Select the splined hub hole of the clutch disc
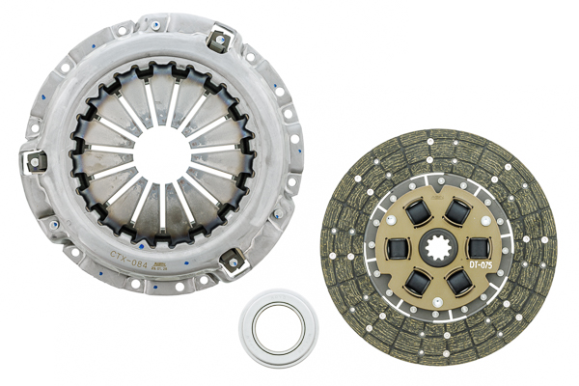pos(439,249)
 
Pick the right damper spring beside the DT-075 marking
pos(479,248)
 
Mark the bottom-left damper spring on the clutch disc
pos(418,281)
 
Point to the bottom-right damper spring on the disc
pos(459,282)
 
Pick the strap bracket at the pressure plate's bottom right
pos(233,259)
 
